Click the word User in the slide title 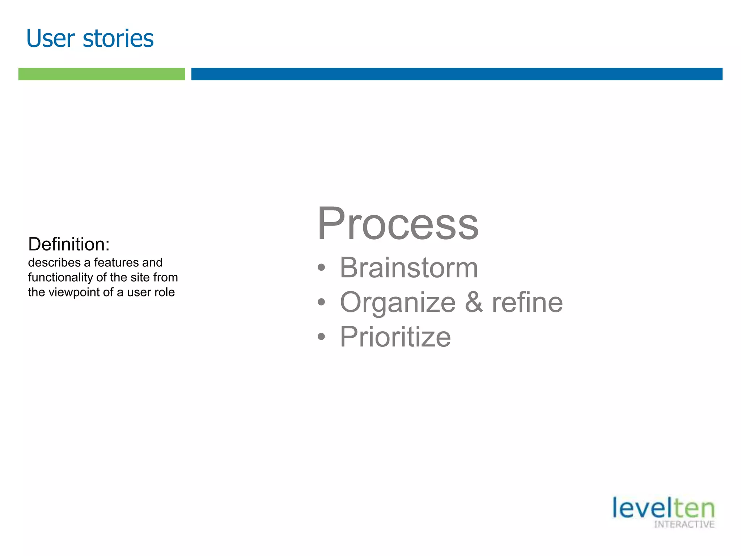(x=51, y=39)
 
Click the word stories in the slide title (x=118, y=39)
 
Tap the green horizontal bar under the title (x=102, y=74)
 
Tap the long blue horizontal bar (x=457, y=74)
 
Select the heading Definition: (x=69, y=244)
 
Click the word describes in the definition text (x=54, y=262)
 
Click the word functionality (x=60, y=277)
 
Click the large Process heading (x=398, y=223)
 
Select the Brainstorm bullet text (x=409, y=268)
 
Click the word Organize (x=398, y=303)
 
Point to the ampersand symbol (x=474, y=302)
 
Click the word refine (x=527, y=303)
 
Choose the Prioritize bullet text (x=395, y=337)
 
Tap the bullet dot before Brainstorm (x=321, y=268)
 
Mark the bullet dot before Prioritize (x=321, y=337)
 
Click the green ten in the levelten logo (x=694, y=508)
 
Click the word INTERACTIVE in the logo (x=684, y=525)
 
